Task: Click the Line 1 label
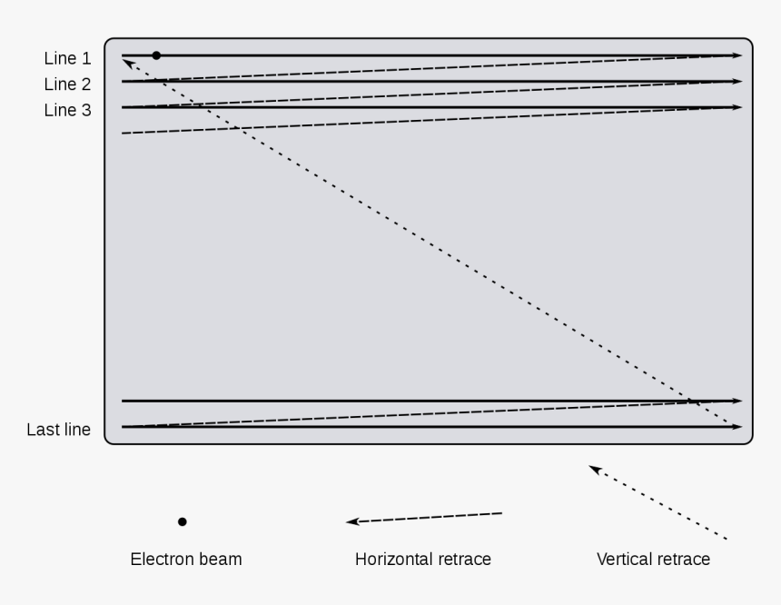(67, 59)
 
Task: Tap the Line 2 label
(67, 84)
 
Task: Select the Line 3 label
(67, 110)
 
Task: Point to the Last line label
(59, 430)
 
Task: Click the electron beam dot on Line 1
(156, 55)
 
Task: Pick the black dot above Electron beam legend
(183, 521)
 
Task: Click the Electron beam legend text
(186, 559)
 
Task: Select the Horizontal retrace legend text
(423, 559)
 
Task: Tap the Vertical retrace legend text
(653, 559)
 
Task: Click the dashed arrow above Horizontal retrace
(424, 518)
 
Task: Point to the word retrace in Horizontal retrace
(462, 559)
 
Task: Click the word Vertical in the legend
(624, 559)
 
